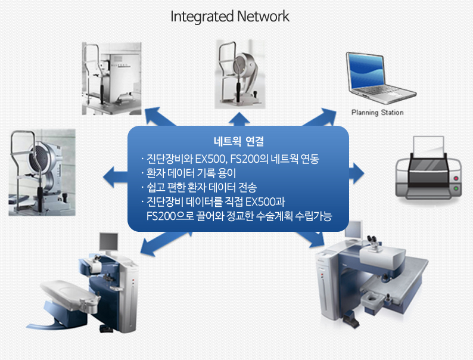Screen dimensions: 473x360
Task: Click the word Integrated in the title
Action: tap(202, 17)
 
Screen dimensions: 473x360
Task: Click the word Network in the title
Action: tap(263, 16)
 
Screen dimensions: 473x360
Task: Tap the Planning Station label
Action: tap(377, 113)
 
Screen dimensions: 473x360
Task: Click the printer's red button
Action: tap(456, 178)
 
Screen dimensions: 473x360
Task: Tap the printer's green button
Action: tap(456, 188)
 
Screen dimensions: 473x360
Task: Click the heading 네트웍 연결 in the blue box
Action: tap(239, 141)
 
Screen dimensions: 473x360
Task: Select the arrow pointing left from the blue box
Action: tap(115, 176)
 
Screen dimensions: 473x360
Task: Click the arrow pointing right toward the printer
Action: tap(357, 173)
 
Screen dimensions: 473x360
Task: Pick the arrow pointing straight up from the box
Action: tap(239, 119)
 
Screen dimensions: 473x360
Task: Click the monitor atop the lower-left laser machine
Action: tap(108, 241)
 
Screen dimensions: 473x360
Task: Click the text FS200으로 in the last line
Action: tap(170, 216)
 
